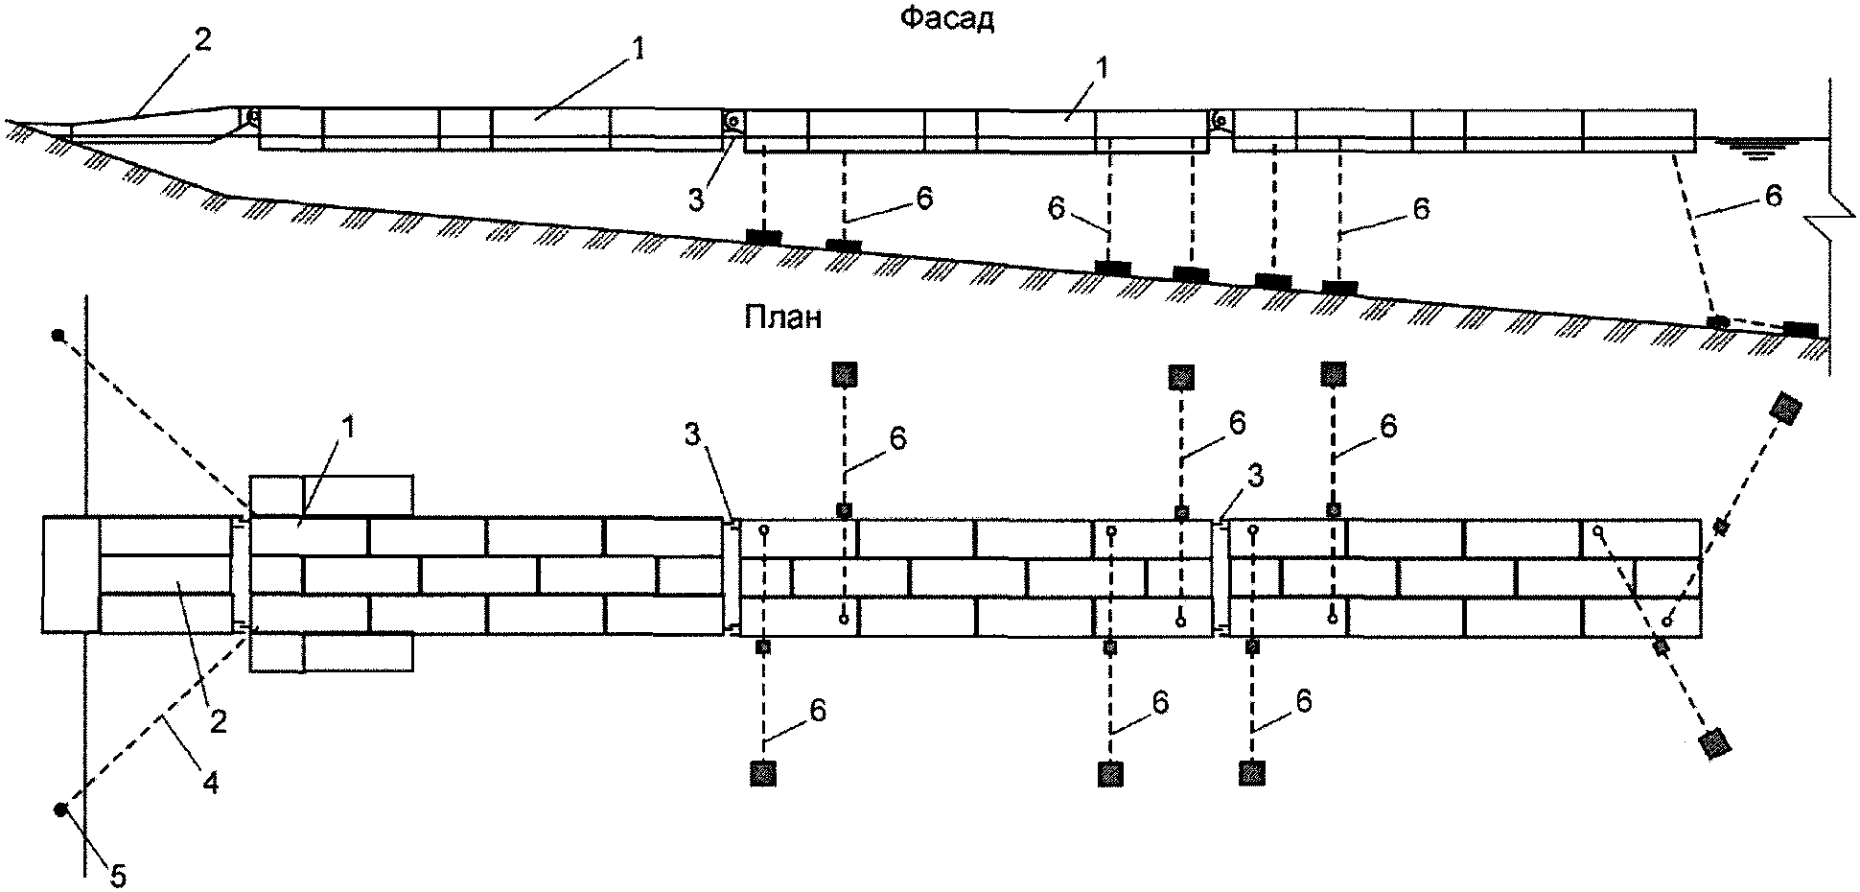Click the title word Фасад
pyautogui.click(x=947, y=19)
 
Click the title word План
pyautogui.click(x=782, y=317)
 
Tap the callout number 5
pyautogui.click(x=117, y=876)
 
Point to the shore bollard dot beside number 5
pyautogui.click(x=59, y=810)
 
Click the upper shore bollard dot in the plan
pyautogui.click(x=58, y=336)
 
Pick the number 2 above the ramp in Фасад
pyautogui.click(x=202, y=40)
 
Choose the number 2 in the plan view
pyautogui.click(x=219, y=721)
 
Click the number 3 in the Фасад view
pyautogui.click(x=696, y=200)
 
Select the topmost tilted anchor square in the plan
pyautogui.click(x=1784, y=408)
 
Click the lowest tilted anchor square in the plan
pyautogui.click(x=1713, y=743)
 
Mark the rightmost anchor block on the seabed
pyautogui.click(x=1801, y=329)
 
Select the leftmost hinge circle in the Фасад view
pyautogui.click(x=253, y=117)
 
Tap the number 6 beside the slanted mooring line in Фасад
pyautogui.click(x=1773, y=196)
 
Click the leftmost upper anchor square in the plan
pyautogui.click(x=843, y=374)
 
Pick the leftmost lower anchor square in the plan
pyautogui.click(x=763, y=772)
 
